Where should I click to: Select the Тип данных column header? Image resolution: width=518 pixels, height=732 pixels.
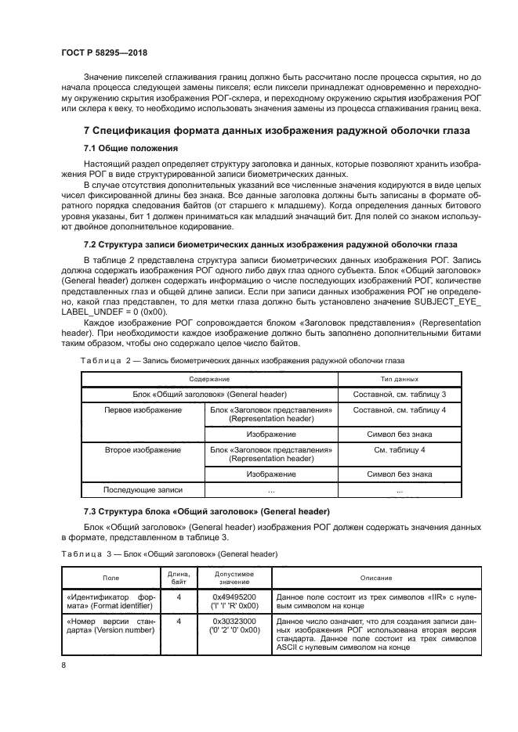[400, 379]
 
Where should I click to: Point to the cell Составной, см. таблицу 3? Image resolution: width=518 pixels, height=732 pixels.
[400, 394]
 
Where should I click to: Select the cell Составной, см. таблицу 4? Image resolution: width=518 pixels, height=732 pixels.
[400, 409]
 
